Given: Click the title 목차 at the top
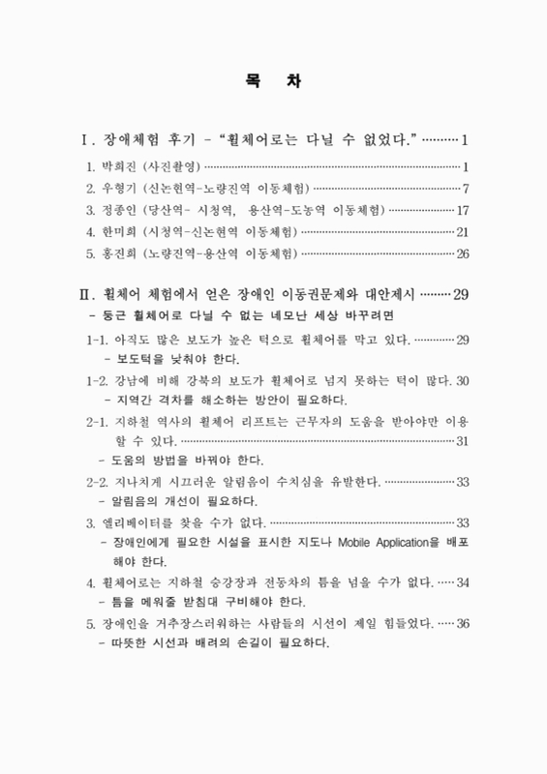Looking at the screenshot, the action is pyautogui.click(x=273, y=82).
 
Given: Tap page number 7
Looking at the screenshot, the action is pyautogui.click(x=466, y=186).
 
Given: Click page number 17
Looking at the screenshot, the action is pyautogui.click(x=463, y=209).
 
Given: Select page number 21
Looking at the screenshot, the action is pyautogui.click(x=463, y=232).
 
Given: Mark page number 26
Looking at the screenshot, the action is pyautogui.click(x=463, y=254).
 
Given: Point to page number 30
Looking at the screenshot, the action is pyautogui.click(x=462, y=380).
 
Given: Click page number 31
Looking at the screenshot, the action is pyautogui.click(x=462, y=441).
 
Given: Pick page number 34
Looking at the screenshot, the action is pyautogui.click(x=462, y=582).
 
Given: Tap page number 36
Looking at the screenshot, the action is pyautogui.click(x=462, y=624).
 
